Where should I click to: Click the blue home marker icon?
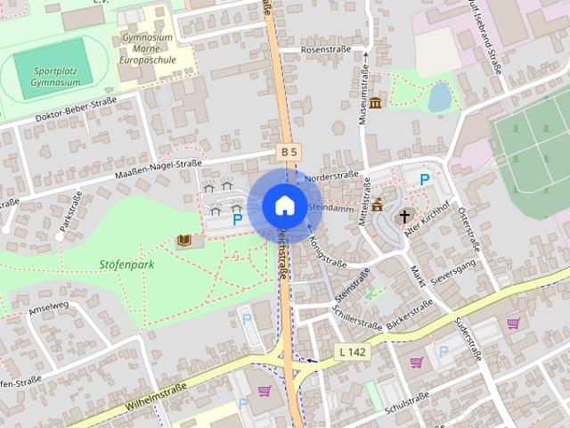tap(284, 205)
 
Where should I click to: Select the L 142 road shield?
tap(354, 352)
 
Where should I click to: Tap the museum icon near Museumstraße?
tap(375, 103)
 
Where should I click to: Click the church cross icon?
tap(404, 216)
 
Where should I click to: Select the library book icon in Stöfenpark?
tap(184, 241)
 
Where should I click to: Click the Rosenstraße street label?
tap(326, 50)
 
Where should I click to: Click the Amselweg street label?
tap(49, 311)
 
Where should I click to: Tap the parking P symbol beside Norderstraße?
tap(425, 179)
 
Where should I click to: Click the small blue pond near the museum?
tap(439, 95)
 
